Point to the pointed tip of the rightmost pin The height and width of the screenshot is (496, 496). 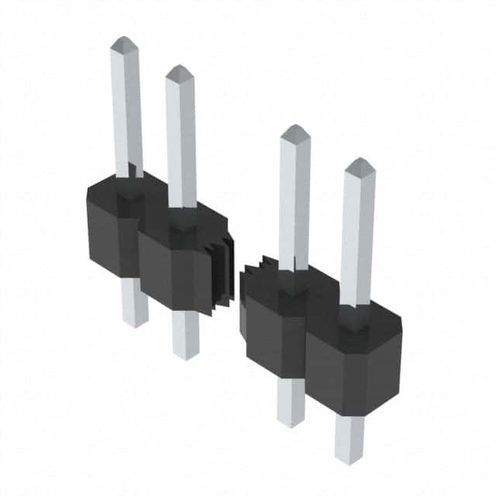click(359, 164)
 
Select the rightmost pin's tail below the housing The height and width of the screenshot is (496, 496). click(349, 438)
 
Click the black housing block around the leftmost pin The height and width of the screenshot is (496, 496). click(112, 229)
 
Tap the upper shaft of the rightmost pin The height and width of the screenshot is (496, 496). click(357, 232)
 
